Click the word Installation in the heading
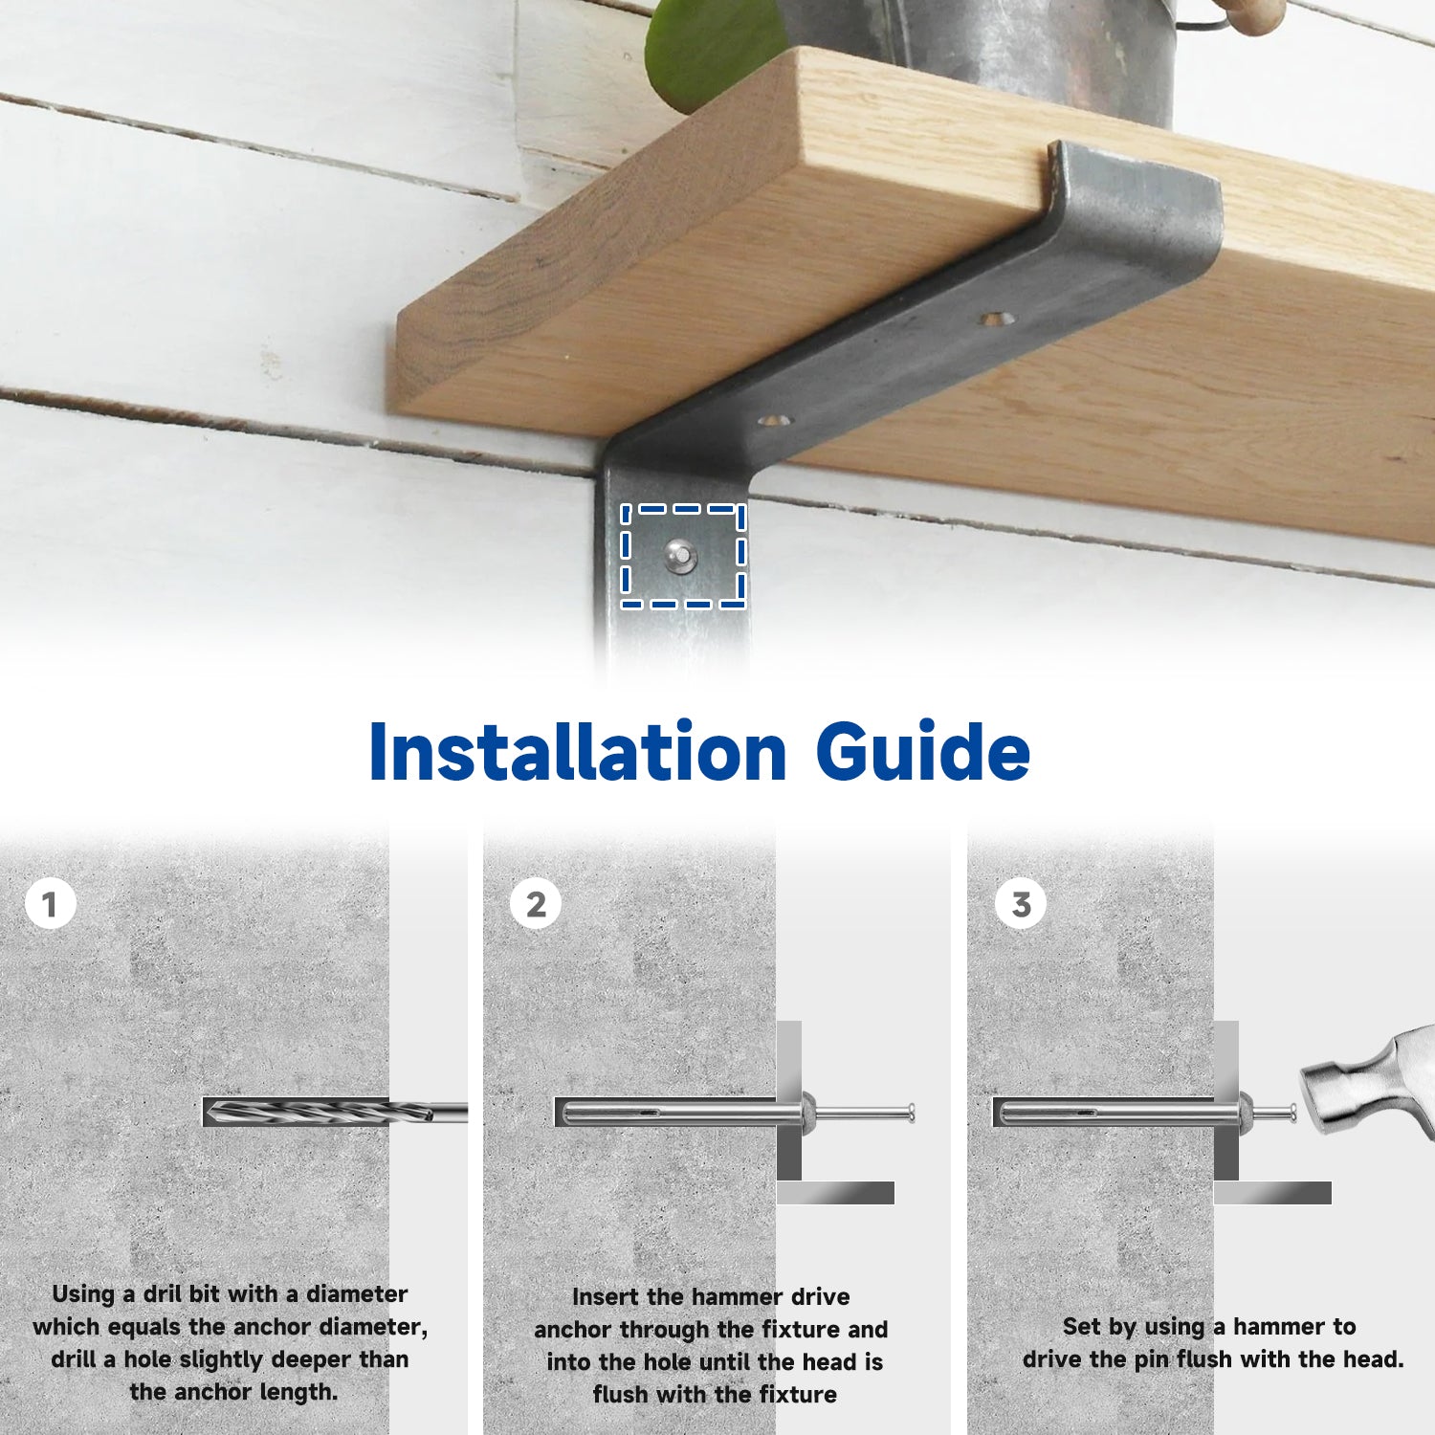578,752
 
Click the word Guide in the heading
923,752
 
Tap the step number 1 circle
50,904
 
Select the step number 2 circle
536,904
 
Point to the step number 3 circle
1021,904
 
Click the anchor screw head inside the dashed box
681,555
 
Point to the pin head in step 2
911,1113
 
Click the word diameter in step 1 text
357,1293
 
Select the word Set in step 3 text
1082,1326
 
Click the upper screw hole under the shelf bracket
995,318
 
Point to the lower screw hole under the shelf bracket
776,419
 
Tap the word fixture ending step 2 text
798,1394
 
